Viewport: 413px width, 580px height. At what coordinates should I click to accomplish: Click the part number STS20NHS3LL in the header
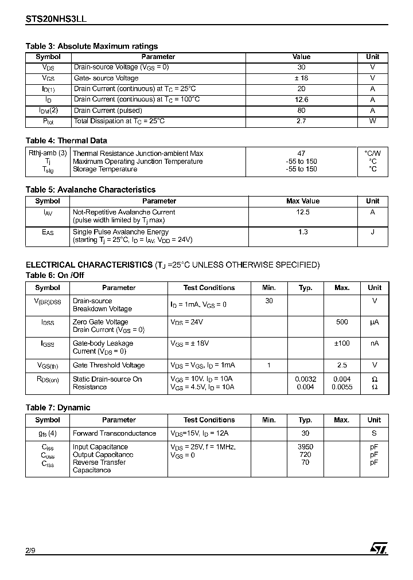tap(56, 18)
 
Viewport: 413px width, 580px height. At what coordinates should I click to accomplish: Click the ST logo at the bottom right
tap(379, 548)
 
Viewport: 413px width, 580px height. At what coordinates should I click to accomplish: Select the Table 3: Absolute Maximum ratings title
tap(92, 46)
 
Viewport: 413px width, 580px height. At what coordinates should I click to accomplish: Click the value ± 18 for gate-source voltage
tap(301, 78)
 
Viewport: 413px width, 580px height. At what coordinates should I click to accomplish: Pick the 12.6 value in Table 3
tap(301, 99)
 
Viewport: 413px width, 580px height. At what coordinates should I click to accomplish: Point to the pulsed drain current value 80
tap(301, 110)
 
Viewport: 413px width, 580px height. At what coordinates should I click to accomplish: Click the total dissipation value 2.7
tap(301, 121)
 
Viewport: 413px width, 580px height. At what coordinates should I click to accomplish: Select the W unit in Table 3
tap(372, 121)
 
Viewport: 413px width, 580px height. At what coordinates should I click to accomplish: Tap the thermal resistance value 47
tap(301, 153)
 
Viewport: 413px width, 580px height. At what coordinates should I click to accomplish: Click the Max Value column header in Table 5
tap(303, 201)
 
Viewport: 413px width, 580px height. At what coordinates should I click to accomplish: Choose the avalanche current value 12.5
tap(303, 212)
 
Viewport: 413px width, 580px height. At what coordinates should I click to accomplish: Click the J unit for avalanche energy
tap(372, 232)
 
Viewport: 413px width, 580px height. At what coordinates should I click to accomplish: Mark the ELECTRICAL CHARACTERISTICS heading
tap(89, 265)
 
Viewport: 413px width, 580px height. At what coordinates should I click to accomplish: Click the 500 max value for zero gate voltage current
tap(342, 322)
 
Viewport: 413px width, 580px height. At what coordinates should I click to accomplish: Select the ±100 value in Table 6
tap(342, 343)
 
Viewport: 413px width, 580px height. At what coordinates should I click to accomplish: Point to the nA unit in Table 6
tap(375, 343)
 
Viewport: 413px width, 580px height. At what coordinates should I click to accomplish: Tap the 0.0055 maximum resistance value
tap(342, 387)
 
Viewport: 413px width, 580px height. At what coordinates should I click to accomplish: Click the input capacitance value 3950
tap(305, 446)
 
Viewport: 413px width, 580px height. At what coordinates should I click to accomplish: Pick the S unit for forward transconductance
tap(375, 433)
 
